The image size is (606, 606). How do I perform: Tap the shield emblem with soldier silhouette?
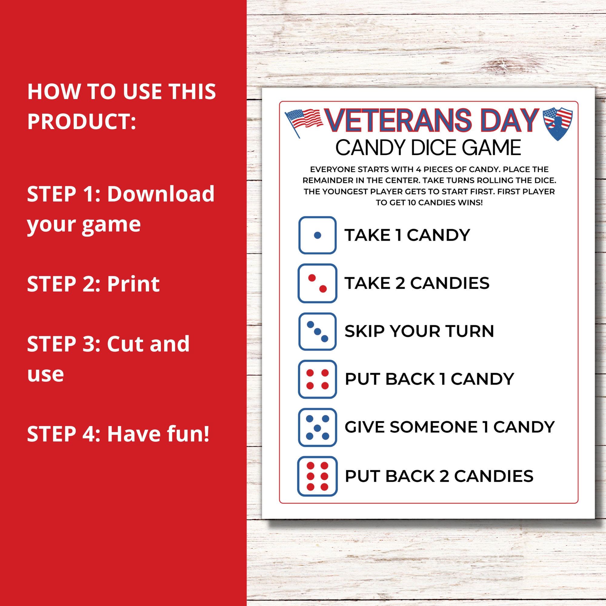558,123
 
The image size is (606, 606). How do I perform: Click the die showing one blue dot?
318,235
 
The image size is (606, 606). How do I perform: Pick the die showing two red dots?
318,283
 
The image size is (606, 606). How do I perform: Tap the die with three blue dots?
318,331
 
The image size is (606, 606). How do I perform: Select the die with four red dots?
318,379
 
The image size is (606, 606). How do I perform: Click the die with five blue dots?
318,427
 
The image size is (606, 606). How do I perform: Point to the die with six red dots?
318,476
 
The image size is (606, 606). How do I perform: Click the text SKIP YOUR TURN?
419,331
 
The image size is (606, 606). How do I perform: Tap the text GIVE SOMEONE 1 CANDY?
449,427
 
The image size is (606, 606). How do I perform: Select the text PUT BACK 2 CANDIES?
439,476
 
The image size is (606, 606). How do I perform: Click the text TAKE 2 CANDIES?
417,283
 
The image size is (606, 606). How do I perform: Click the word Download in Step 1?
161,194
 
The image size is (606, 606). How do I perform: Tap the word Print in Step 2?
133,284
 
